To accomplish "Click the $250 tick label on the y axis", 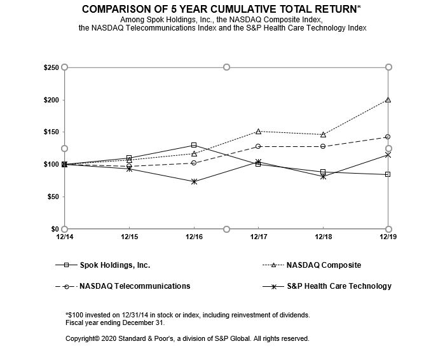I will click(x=51, y=67).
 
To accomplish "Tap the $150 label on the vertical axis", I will click(x=51, y=132).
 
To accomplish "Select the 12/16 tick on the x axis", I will click(x=194, y=237).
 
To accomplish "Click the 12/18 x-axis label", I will click(x=323, y=237).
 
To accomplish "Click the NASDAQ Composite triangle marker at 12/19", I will click(x=388, y=100).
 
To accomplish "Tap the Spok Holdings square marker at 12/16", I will click(x=194, y=145).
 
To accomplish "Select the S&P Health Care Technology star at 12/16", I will click(x=194, y=181).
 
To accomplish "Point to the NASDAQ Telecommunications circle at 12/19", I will click(x=388, y=137).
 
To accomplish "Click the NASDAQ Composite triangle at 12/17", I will click(x=258, y=132).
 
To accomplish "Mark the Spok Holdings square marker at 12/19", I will click(x=388, y=174).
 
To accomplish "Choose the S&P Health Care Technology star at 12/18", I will click(x=323, y=176).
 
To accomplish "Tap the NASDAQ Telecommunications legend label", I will click(x=134, y=286).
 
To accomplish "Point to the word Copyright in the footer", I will click(x=83, y=338).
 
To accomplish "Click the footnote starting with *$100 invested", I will click(x=187, y=315).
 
